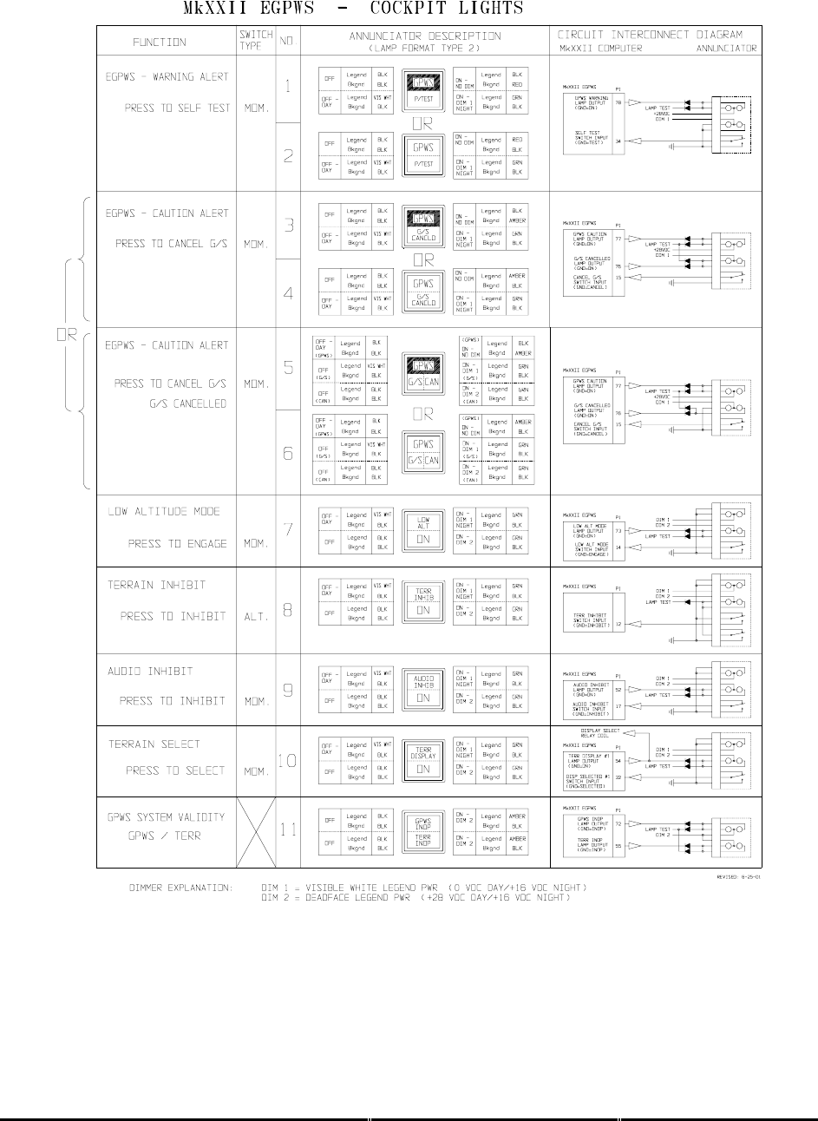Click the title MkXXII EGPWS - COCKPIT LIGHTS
352,10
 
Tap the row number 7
288,530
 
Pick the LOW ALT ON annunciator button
423,530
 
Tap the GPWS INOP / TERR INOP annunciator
423,831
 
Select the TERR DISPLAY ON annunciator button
423,760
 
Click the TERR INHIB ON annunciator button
423,602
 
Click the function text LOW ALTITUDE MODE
164,512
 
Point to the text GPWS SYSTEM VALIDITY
166,816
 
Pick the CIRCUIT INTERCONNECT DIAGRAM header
650,35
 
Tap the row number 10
287,761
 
